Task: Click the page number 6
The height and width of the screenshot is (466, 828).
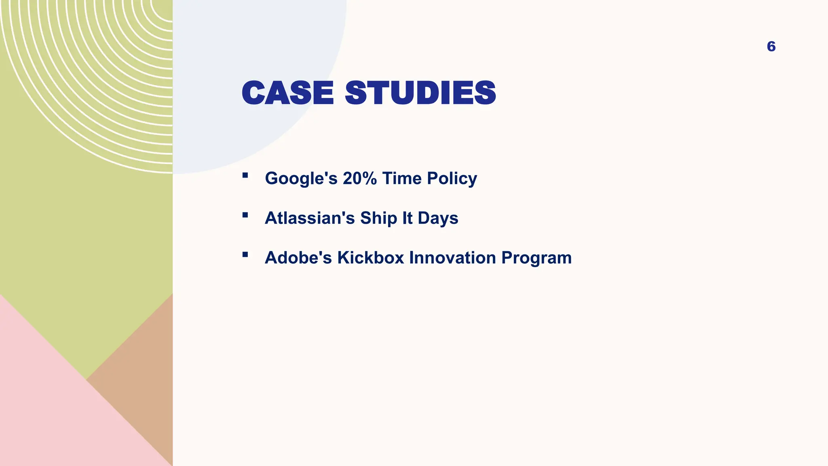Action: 771,47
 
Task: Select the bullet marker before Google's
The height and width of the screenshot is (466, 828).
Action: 245,176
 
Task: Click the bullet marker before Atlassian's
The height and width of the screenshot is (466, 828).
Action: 245,215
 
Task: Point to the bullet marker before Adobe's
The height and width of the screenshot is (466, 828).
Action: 245,255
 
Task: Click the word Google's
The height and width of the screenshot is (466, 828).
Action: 301,178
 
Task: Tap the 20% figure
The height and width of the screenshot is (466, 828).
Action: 360,178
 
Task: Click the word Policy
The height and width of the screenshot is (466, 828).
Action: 452,178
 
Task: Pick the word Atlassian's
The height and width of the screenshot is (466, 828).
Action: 310,218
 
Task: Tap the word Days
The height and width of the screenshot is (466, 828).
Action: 438,218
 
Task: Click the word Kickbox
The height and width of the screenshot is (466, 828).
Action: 371,258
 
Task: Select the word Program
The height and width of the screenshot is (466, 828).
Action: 537,258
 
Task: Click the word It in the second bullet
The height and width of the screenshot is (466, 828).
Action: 407,218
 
